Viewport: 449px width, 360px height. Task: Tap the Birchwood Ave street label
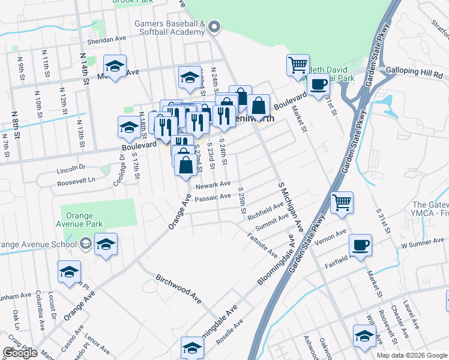click(179, 288)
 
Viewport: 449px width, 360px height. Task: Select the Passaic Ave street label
click(212, 197)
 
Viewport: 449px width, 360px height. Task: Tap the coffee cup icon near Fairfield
click(361, 245)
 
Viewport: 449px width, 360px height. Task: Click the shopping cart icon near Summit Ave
click(342, 202)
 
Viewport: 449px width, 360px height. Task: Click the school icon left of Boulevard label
click(128, 127)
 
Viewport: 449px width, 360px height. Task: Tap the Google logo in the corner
click(19, 353)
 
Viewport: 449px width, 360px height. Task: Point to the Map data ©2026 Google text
click(411, 355)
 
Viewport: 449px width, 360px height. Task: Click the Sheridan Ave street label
click(107, 38)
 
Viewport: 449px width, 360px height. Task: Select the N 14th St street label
click(85, 67)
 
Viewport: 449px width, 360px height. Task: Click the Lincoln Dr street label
click(71, 169)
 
